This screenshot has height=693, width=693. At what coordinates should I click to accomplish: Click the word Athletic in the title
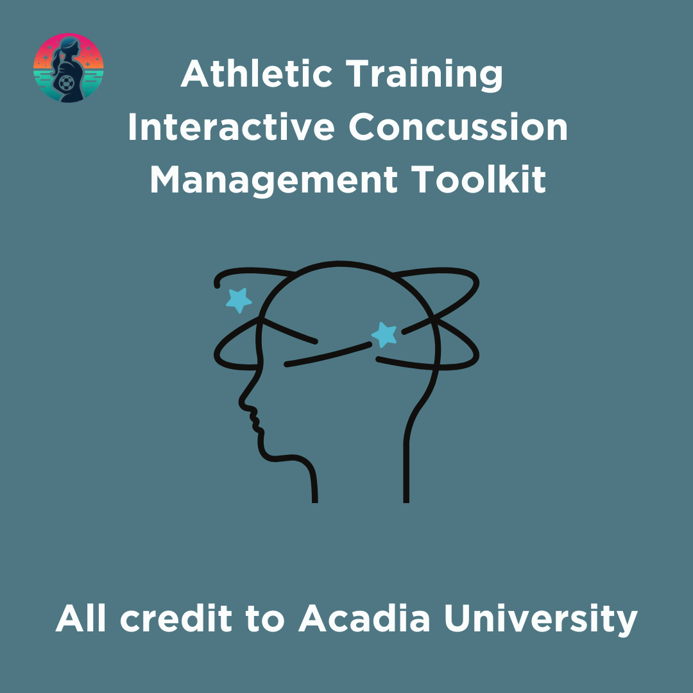pos(257,74)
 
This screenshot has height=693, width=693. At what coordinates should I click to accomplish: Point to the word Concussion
pos(458,128)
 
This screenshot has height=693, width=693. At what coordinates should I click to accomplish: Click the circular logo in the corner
pos(68,68)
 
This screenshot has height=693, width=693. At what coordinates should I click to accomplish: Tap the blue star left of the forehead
pos(239,299)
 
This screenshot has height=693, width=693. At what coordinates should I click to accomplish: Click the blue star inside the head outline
pos(385,334)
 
